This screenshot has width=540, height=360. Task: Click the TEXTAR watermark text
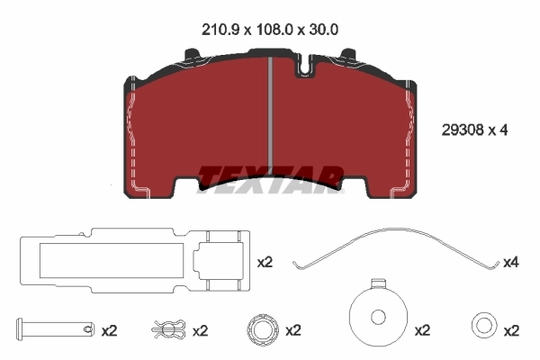tap(271, 175)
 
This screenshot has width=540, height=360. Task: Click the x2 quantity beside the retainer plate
tap(265, 263)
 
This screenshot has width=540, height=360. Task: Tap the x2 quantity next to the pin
tap(109, 330)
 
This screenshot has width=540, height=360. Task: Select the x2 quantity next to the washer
tap(512, 330)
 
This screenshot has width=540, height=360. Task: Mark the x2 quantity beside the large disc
tap(422, 330)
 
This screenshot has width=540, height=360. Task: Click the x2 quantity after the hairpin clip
tap(200, 330)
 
